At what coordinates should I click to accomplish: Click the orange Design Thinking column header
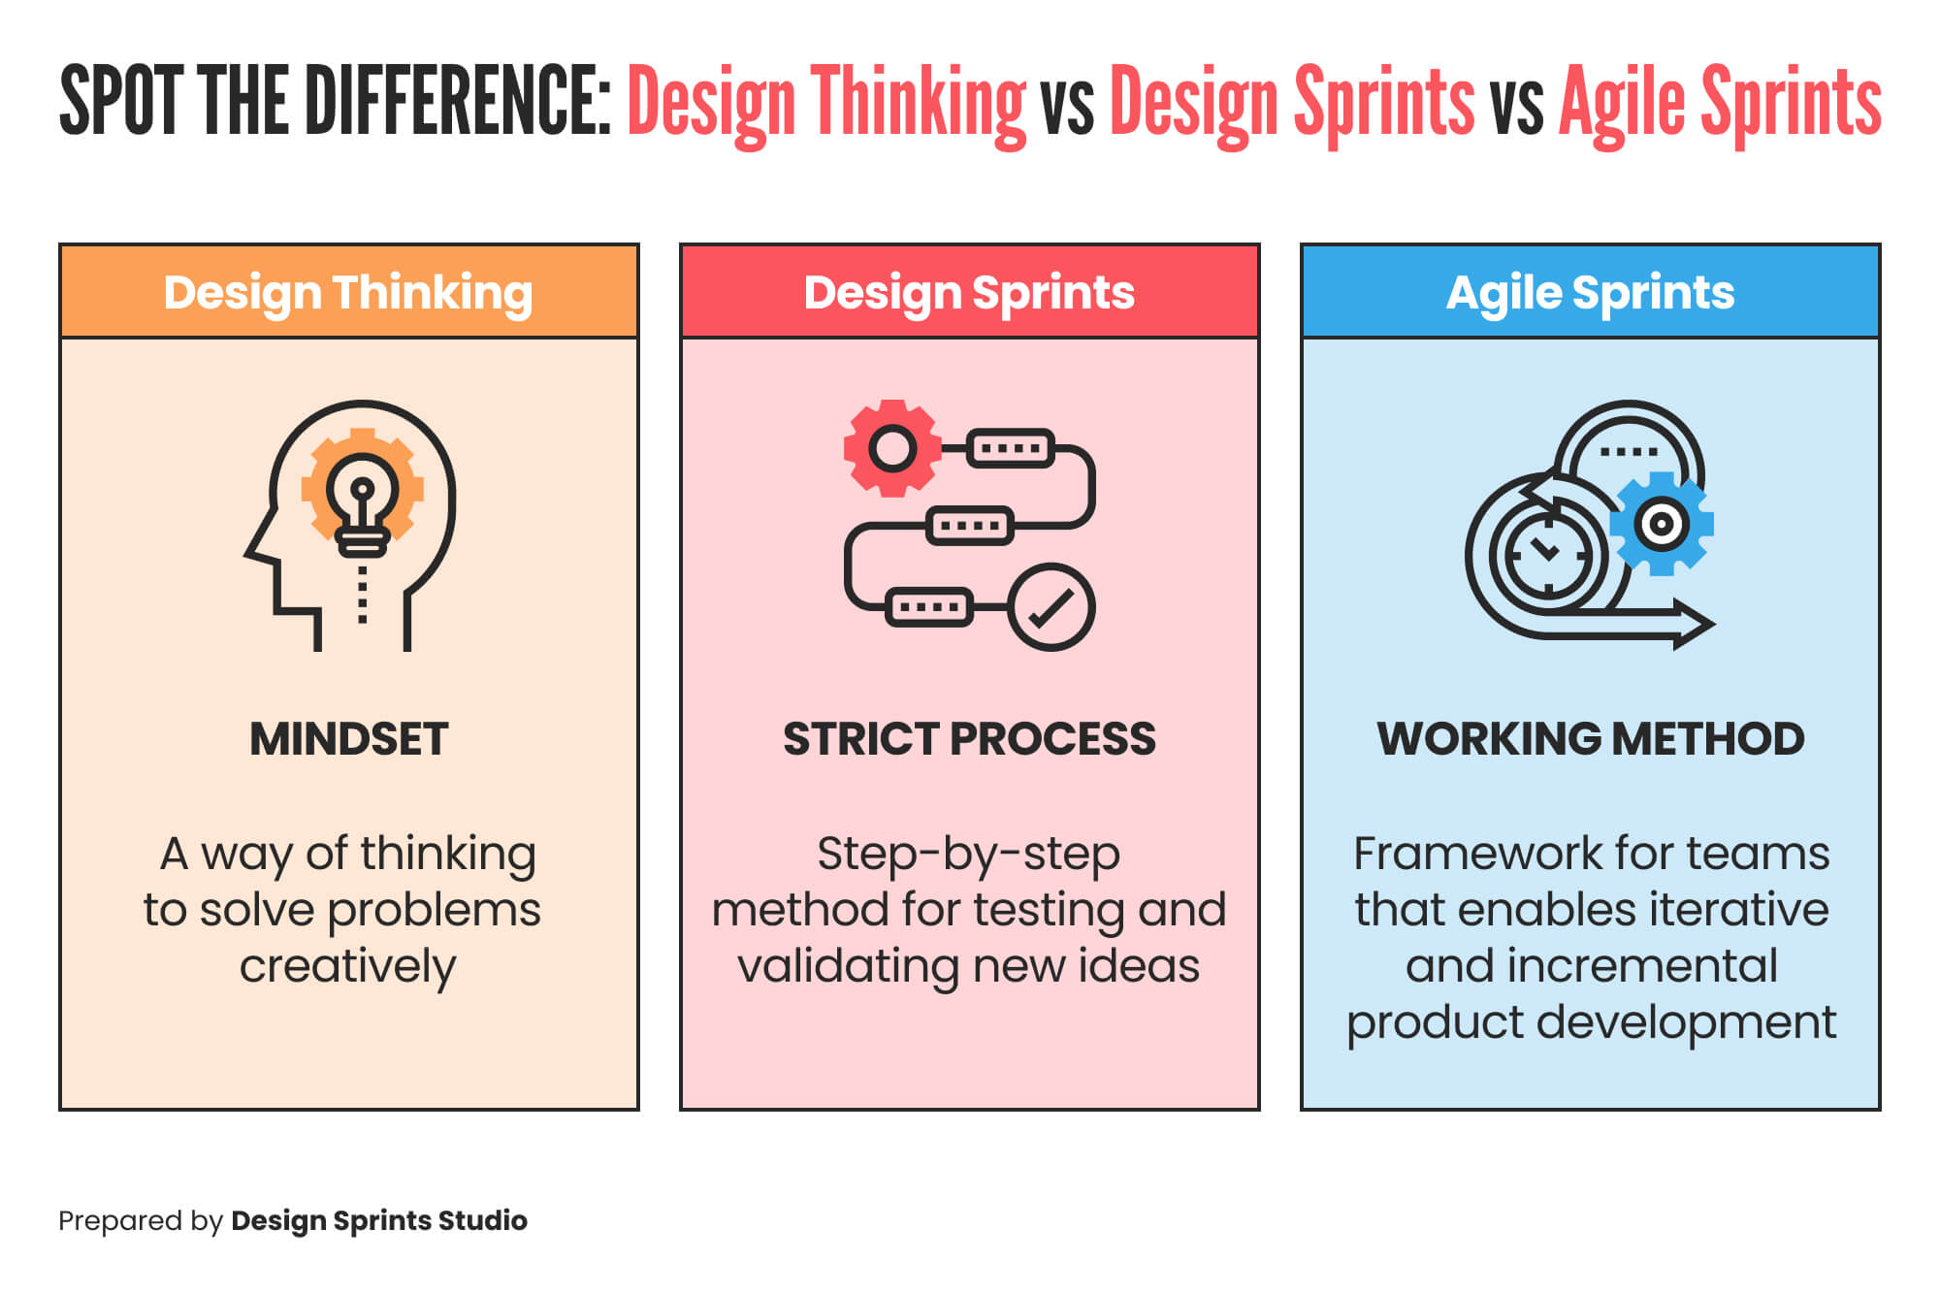click(x=348, y=292)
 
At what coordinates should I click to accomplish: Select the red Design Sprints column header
click(x=969, y=292)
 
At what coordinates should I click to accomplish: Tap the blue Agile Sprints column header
click(x=1590, y=292)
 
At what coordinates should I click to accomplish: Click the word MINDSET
click(x=348, y=739)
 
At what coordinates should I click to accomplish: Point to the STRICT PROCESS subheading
click(x=969, y=739)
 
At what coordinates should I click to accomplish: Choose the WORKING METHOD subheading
click(x=1590, y=739)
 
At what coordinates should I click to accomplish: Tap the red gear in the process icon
click(x=891, y=448)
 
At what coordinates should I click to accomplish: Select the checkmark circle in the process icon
click(x=1051, y=607)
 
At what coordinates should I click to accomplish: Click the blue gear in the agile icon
click(x=1661, y=524)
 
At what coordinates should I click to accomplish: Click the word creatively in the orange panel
click(x=347, y=967)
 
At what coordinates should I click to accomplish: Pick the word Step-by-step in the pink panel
click(x=968, y=855)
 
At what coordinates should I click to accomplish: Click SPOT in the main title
click(x=120, y=101)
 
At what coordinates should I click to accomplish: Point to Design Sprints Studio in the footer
click(x=378, y=1220)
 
